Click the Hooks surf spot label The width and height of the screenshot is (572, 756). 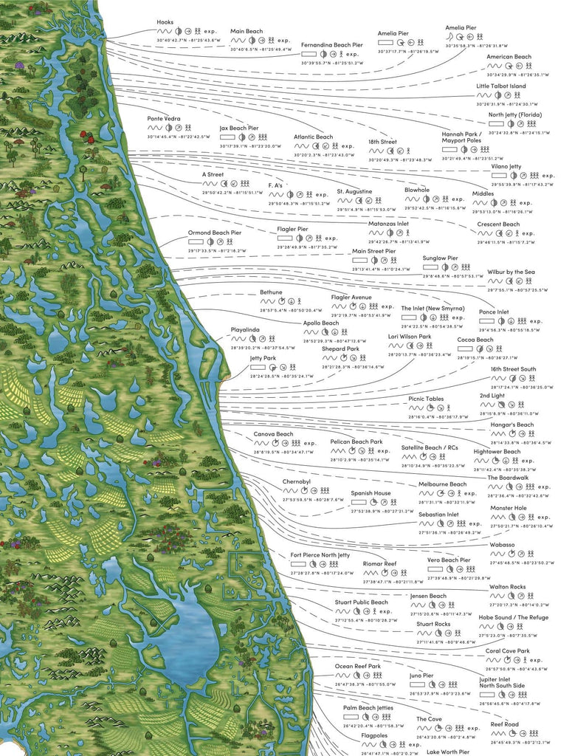pos(165,22)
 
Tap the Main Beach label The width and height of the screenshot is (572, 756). pos(247,32)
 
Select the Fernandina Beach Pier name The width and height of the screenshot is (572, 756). pos(331,45)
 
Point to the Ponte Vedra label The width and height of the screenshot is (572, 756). pos(164,119)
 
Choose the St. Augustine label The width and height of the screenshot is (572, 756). pos(354,191)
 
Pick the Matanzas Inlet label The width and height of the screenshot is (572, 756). pos(388,223)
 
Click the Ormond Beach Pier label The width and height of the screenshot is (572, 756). pos(215,233)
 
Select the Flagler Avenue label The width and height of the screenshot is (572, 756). pos(351,297)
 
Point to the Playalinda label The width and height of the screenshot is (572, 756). pos(246,329)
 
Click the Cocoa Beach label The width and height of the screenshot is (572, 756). pos(475,340)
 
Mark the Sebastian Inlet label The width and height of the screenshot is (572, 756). pos(438,515)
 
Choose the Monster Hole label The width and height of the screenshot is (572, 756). pos(509,508)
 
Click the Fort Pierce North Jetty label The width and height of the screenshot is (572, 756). pos(320,554)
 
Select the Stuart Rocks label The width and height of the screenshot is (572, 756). pos(433,624)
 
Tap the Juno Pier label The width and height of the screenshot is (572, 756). pos(421,676)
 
